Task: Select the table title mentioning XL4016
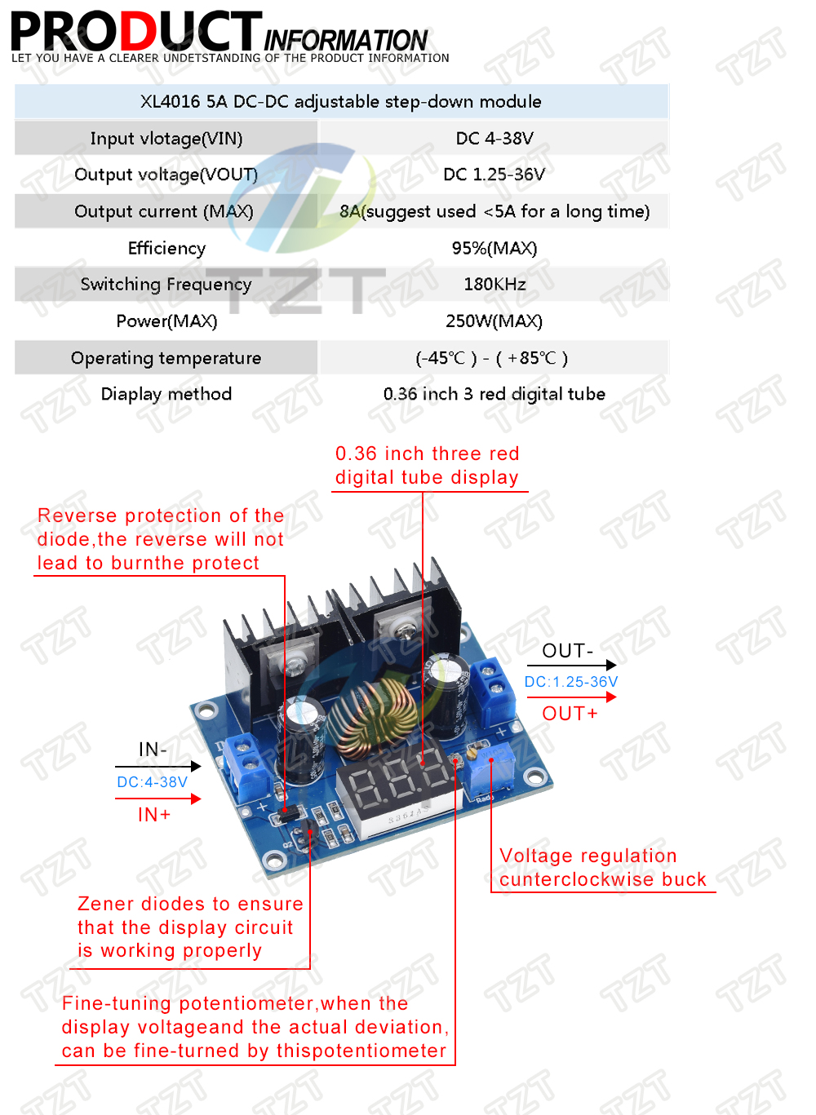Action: [x=340, y=101]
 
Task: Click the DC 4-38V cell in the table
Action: [x=494, y=138]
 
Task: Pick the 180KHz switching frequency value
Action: [x=494, y=284]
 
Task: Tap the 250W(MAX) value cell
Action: [x=494, y=321]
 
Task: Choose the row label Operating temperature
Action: [x=166, y=358]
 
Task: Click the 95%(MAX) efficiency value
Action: [x=494, y=248]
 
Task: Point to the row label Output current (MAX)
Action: [x=164, y=211]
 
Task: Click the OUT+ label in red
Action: [x=570, y=714]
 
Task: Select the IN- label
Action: [x=153, y=749]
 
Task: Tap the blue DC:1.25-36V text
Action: [x=570, y=681]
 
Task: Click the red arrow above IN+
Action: [x=157, y=799]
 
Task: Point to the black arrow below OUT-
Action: [x=571, y=665]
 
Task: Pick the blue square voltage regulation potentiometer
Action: [x=488, y=769]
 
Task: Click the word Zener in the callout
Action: [x=104, y=904]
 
